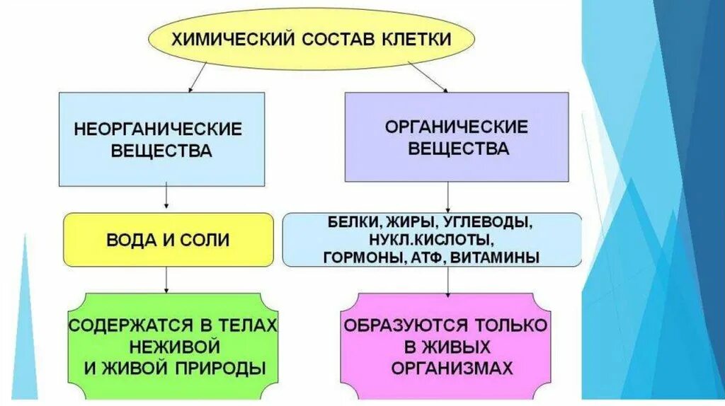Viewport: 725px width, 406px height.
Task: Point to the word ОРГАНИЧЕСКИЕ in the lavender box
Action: [457, 127]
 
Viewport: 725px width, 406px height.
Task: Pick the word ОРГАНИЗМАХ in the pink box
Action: [445, 369]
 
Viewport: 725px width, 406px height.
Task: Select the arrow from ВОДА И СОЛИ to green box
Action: [165, 279]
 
